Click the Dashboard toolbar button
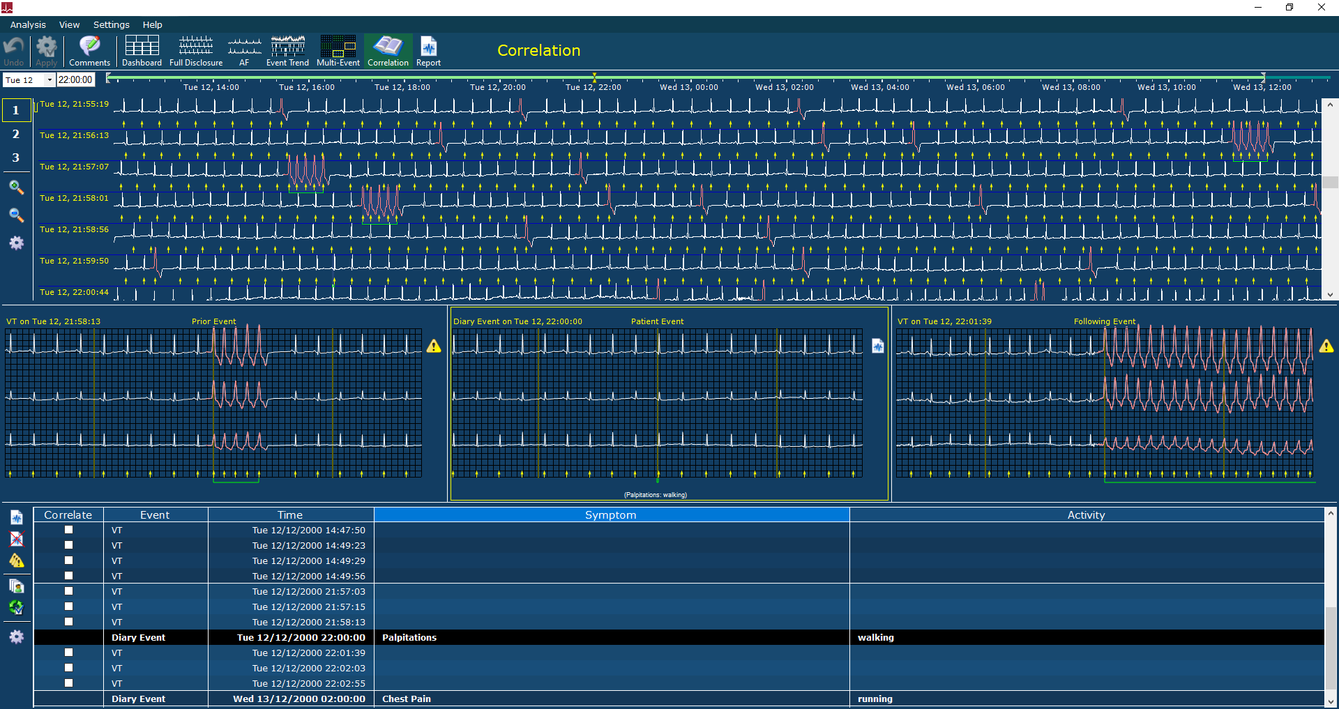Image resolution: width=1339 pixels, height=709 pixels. tap(142, 51)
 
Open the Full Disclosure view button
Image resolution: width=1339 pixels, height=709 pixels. tap(196, 51)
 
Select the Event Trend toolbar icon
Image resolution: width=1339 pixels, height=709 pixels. tap(287, 51)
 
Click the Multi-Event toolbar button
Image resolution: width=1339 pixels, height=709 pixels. tap(338, 51)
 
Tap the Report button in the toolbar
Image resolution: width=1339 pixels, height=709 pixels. tap(428, 51)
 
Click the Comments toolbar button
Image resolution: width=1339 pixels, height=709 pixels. tap(89, 51)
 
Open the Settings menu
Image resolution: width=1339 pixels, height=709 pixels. tap(112, 24)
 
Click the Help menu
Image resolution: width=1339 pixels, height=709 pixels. tap(152, 24)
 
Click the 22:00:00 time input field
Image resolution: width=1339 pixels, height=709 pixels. tap(75, 80)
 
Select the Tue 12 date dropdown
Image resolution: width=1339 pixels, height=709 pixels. tap(29, 80)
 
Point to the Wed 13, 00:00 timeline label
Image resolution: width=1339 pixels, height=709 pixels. tap(688, 87)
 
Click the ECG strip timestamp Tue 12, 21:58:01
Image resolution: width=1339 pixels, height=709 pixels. tap(74, 198)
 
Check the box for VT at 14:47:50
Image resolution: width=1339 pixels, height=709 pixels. tap(68, 530)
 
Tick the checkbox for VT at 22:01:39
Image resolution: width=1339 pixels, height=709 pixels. tap(68, 653)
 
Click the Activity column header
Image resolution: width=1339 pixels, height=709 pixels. tap(1087, 515)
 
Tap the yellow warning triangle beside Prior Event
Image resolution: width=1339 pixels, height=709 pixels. tap(434, 346)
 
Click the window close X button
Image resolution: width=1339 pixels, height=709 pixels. tap(1321, 8)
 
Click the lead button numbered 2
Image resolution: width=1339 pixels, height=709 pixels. tap(16, 134)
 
